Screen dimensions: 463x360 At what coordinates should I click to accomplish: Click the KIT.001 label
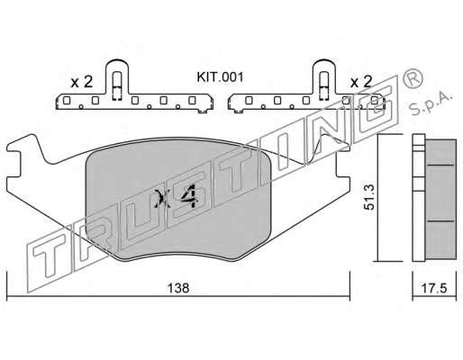coord(220,77)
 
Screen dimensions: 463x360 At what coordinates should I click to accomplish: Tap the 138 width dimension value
coord(178,288)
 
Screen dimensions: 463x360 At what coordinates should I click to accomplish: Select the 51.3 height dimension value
coord(369,197)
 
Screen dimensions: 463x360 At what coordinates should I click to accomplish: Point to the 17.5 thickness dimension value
coord(434,288)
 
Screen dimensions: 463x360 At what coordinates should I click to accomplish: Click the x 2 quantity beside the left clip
coord(82,82)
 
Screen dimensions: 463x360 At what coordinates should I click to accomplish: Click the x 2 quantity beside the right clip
coord(361,81)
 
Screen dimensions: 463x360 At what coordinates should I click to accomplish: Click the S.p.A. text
coord(431,103)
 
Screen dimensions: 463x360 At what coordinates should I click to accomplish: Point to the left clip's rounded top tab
coord(117,64)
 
